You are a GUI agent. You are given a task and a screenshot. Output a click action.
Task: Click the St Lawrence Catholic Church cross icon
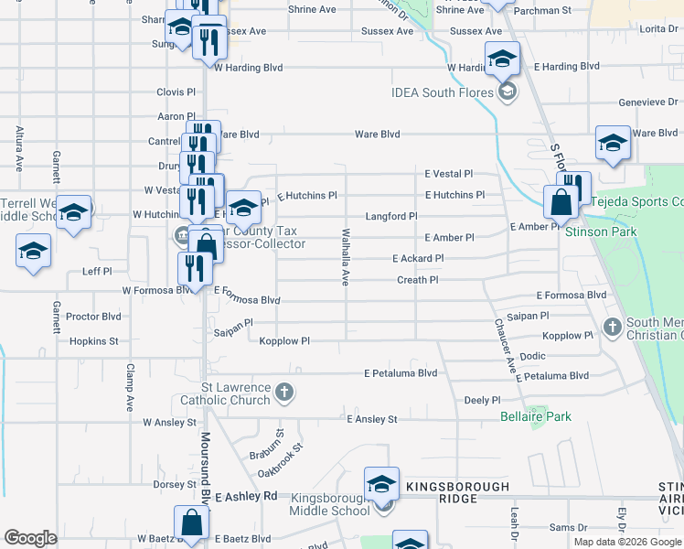coord(284,393)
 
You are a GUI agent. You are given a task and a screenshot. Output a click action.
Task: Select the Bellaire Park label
coord(535,416)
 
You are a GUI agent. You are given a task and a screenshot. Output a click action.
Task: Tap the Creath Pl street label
coord(417,280)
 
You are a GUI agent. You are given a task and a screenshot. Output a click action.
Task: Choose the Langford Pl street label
coord(390,216)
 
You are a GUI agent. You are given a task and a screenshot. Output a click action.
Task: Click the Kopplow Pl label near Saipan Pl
coord(284,341)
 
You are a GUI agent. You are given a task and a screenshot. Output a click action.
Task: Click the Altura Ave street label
coord(18,149)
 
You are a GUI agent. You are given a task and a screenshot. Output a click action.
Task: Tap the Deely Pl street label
coord(482,400)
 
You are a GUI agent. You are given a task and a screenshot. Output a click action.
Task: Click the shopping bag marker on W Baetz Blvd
coord(192,524)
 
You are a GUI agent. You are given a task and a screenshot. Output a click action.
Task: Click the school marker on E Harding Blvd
coord(501,60)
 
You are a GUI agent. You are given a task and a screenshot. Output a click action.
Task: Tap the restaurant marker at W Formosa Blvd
coord(194,268)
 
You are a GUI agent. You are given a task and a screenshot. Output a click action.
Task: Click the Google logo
coord(30,538)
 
